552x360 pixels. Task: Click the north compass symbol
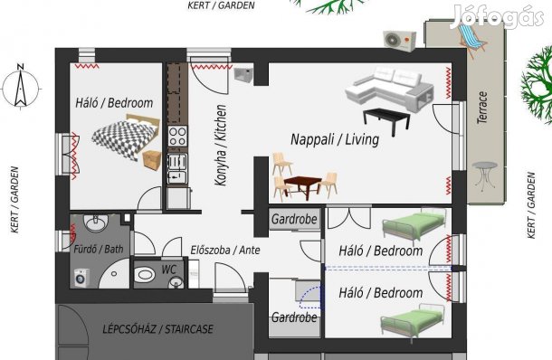click(x=21, y=87)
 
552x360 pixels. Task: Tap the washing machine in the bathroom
click(x=82, y=278)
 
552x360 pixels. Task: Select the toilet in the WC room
click(x=145, y=274)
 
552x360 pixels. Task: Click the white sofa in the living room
click(x=389, y=89)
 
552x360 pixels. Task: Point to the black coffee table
click(x=387, y=119)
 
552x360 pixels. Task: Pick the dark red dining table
click(x=303, y=185)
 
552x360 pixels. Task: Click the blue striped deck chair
click(x=471, y=36)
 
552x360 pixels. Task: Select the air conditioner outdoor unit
click(x=400, y=41)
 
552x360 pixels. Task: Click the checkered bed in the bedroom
click(x=125, y=137)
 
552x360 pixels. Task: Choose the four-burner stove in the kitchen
click(x=177, y=137)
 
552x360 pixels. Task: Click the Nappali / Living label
click(x=335, y=139)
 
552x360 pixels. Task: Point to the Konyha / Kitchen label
click(x=221, y=145)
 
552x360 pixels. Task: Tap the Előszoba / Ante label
click(x=225, y=251)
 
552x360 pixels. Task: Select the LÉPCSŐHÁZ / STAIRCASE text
click(x=157, y=329)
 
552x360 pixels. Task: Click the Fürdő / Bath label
click(x=99, y=249)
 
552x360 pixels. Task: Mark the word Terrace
click(x=482, y=108)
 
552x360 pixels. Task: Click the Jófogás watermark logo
click(x=497, y=17)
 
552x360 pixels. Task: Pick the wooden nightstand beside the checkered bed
click(x=152, y=160)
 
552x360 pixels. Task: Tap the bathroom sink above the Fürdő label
click(x=95, y=223)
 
